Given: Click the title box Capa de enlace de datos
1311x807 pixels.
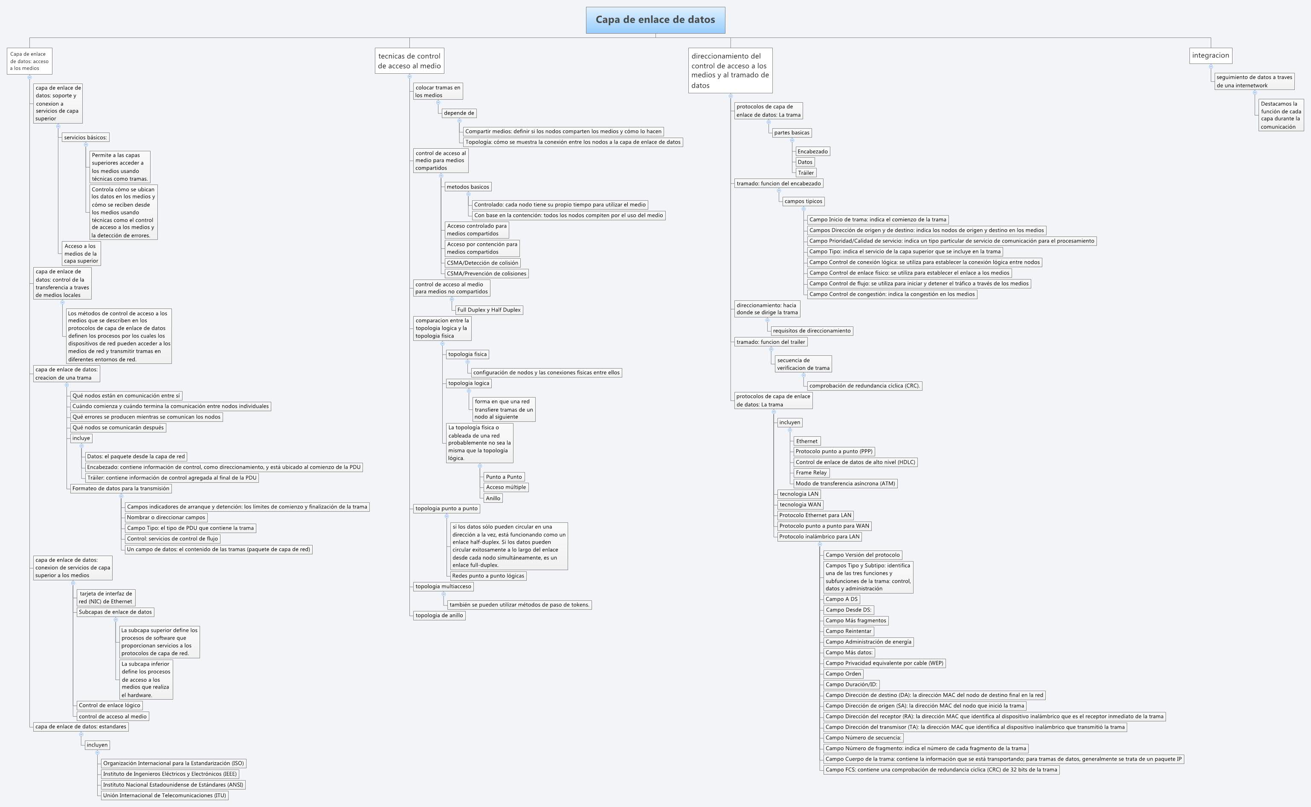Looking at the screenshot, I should coord(655,20).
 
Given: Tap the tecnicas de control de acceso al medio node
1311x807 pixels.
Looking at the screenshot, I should coord(409,61).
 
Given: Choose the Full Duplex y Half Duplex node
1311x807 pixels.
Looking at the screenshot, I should coord(488,310).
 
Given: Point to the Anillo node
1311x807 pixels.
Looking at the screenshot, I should coord(493,498).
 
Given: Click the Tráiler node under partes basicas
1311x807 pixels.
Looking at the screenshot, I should coord(806,173).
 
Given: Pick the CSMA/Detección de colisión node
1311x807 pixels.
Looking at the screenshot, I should coord(482,262).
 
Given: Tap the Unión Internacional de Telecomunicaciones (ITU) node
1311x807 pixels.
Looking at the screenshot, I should coord(165,795).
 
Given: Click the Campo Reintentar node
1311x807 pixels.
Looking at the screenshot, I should coord(848,631).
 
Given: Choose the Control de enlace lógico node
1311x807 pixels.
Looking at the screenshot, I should coord(109,705).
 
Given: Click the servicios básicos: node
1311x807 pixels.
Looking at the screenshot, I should coord(85,137).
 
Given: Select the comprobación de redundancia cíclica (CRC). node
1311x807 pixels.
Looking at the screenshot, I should coord(864,385).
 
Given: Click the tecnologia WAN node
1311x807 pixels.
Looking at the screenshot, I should coord(800,504).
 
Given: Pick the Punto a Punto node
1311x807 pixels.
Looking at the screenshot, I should coord(503,477).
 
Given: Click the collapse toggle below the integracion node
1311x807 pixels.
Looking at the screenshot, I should coord(1211,67).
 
